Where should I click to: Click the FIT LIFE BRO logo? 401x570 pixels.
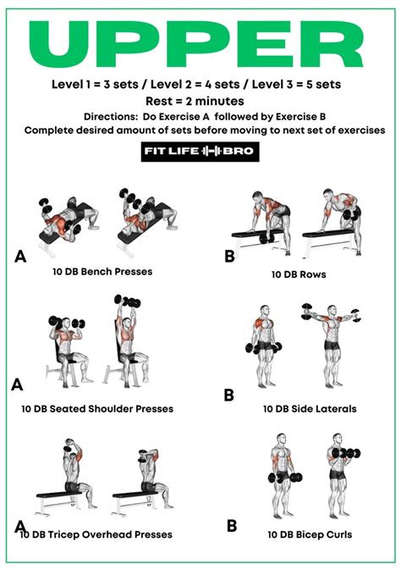pyautogui.click(x=200, y=152)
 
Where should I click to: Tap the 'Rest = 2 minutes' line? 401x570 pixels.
pyautogui.click(x=200, y=101)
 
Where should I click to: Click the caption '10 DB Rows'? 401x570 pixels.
pyautogui.click(x=299, y=275)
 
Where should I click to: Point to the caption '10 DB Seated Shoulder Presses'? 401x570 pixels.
pyautogui.click(x=97, y=408)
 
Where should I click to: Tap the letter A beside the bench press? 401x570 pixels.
pyautogui.click(x=20, y=255)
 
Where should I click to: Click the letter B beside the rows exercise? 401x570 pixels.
pyautogui.click(x=228, y=255)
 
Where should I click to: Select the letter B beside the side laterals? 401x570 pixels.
pyautogui.click(x=228, y=395)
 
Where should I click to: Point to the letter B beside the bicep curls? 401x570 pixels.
pyautogui.click(x=231, y=525)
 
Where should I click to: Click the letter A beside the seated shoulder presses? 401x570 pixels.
pyautogui.click(x=16, y=385)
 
